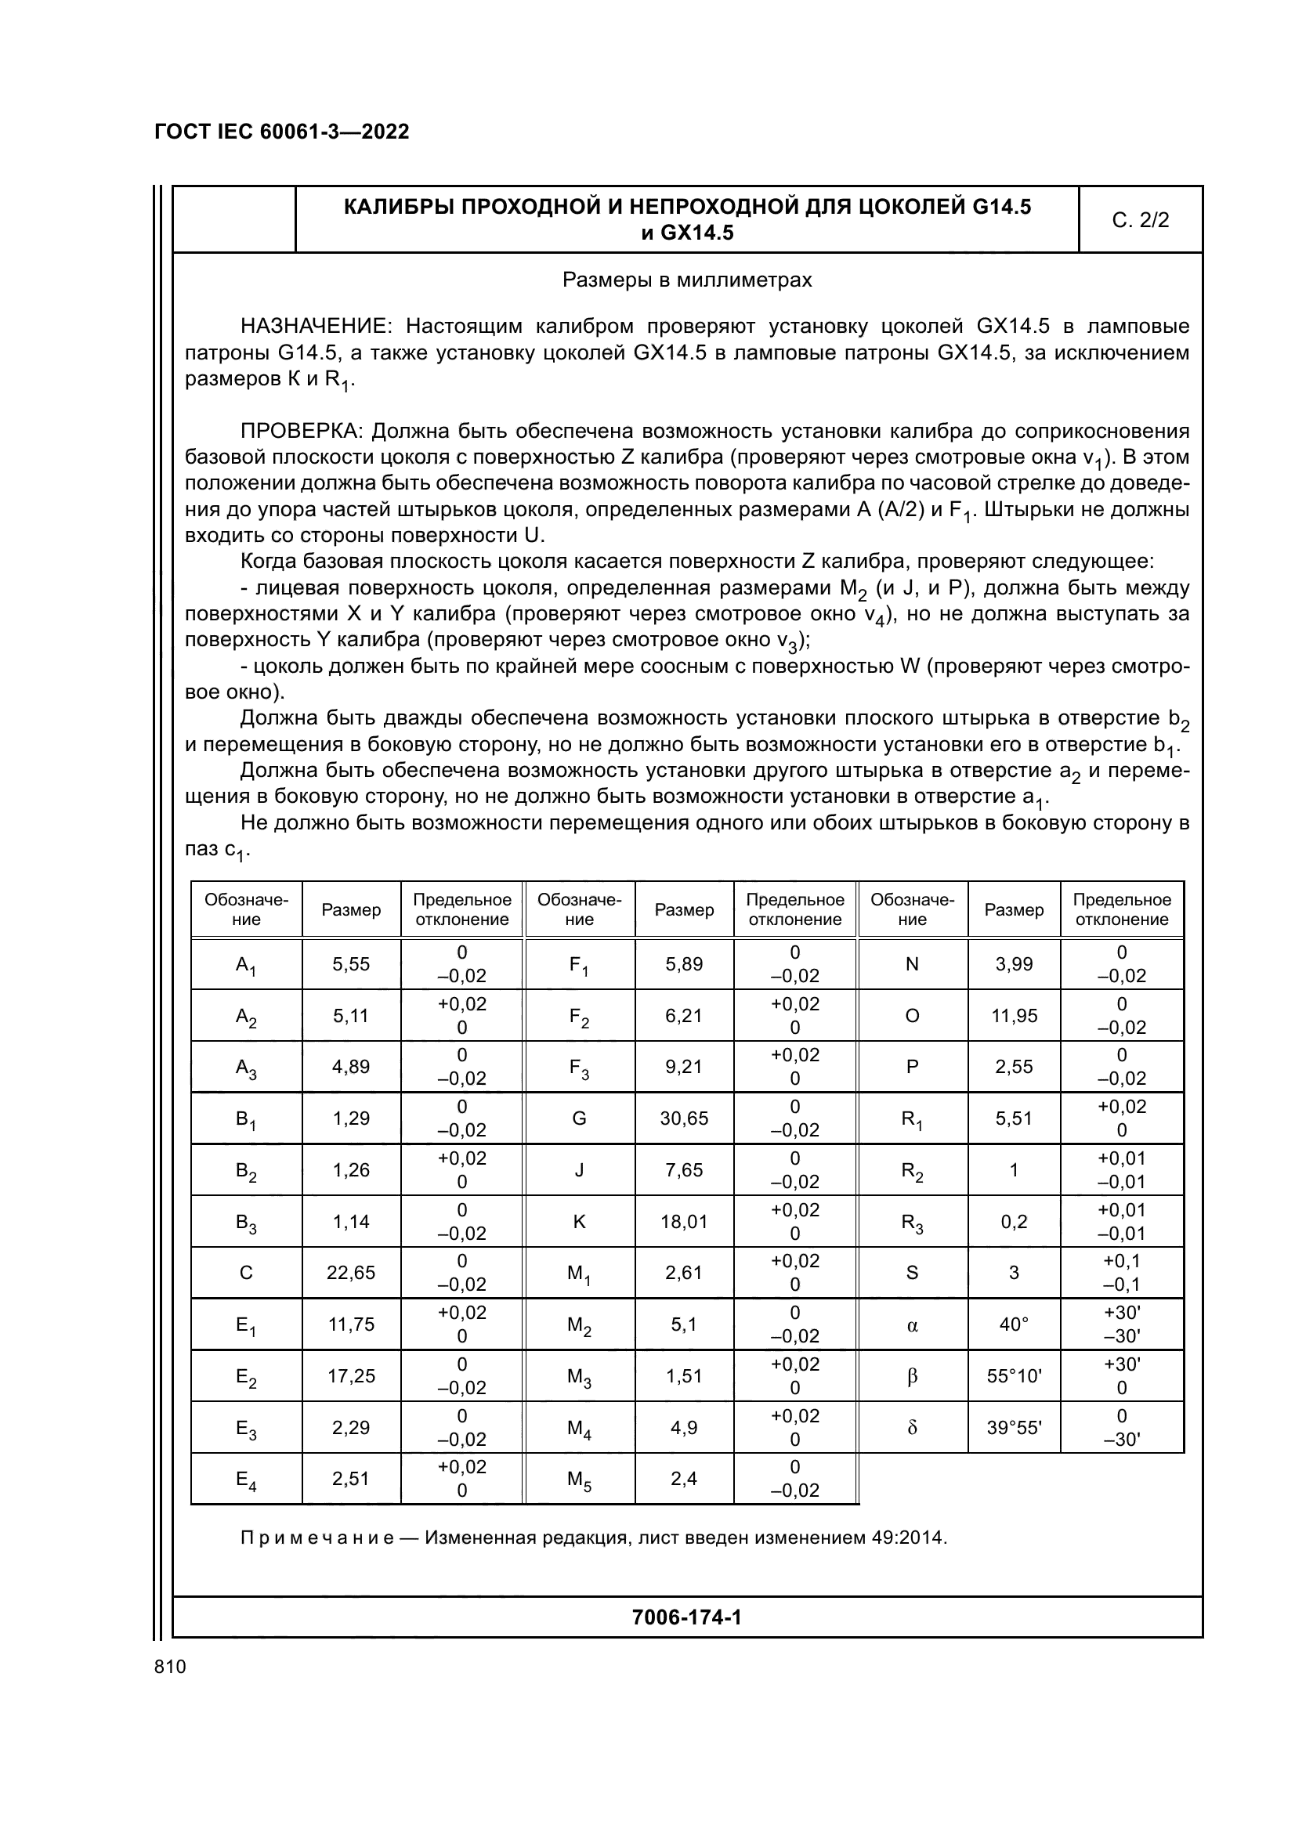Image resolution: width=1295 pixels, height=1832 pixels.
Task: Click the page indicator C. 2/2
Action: coord(1139,220)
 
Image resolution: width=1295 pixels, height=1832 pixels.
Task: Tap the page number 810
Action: coord(170,1666)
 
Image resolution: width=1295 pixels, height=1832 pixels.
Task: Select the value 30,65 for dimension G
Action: coord(684,1118)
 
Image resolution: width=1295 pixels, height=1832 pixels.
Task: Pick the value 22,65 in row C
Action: coord(351,1273)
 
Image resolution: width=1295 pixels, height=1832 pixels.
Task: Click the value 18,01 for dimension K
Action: coord(684,1221)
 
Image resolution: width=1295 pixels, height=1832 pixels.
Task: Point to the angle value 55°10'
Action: coord(1013,1375)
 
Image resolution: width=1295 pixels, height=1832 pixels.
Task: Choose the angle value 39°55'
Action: coord(1013,1428)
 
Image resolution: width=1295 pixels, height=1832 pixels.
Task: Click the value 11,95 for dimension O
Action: coord(1013,1015)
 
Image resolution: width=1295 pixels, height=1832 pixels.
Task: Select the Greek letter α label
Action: coord(912,1324)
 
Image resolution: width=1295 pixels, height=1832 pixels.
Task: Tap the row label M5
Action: coord(579,1480)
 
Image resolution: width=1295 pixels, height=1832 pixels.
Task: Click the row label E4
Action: coord(246,1480)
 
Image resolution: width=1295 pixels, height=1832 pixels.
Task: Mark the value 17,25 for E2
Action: coord(351,1375)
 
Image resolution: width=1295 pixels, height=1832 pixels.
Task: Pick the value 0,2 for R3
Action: coord(1013,1221)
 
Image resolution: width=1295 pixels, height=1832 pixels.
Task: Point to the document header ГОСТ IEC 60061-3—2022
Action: coord(282,132)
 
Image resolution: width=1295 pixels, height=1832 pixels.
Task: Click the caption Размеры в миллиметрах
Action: coord(686,280)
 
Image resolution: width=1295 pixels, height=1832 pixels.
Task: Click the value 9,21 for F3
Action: coord(684,1067)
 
